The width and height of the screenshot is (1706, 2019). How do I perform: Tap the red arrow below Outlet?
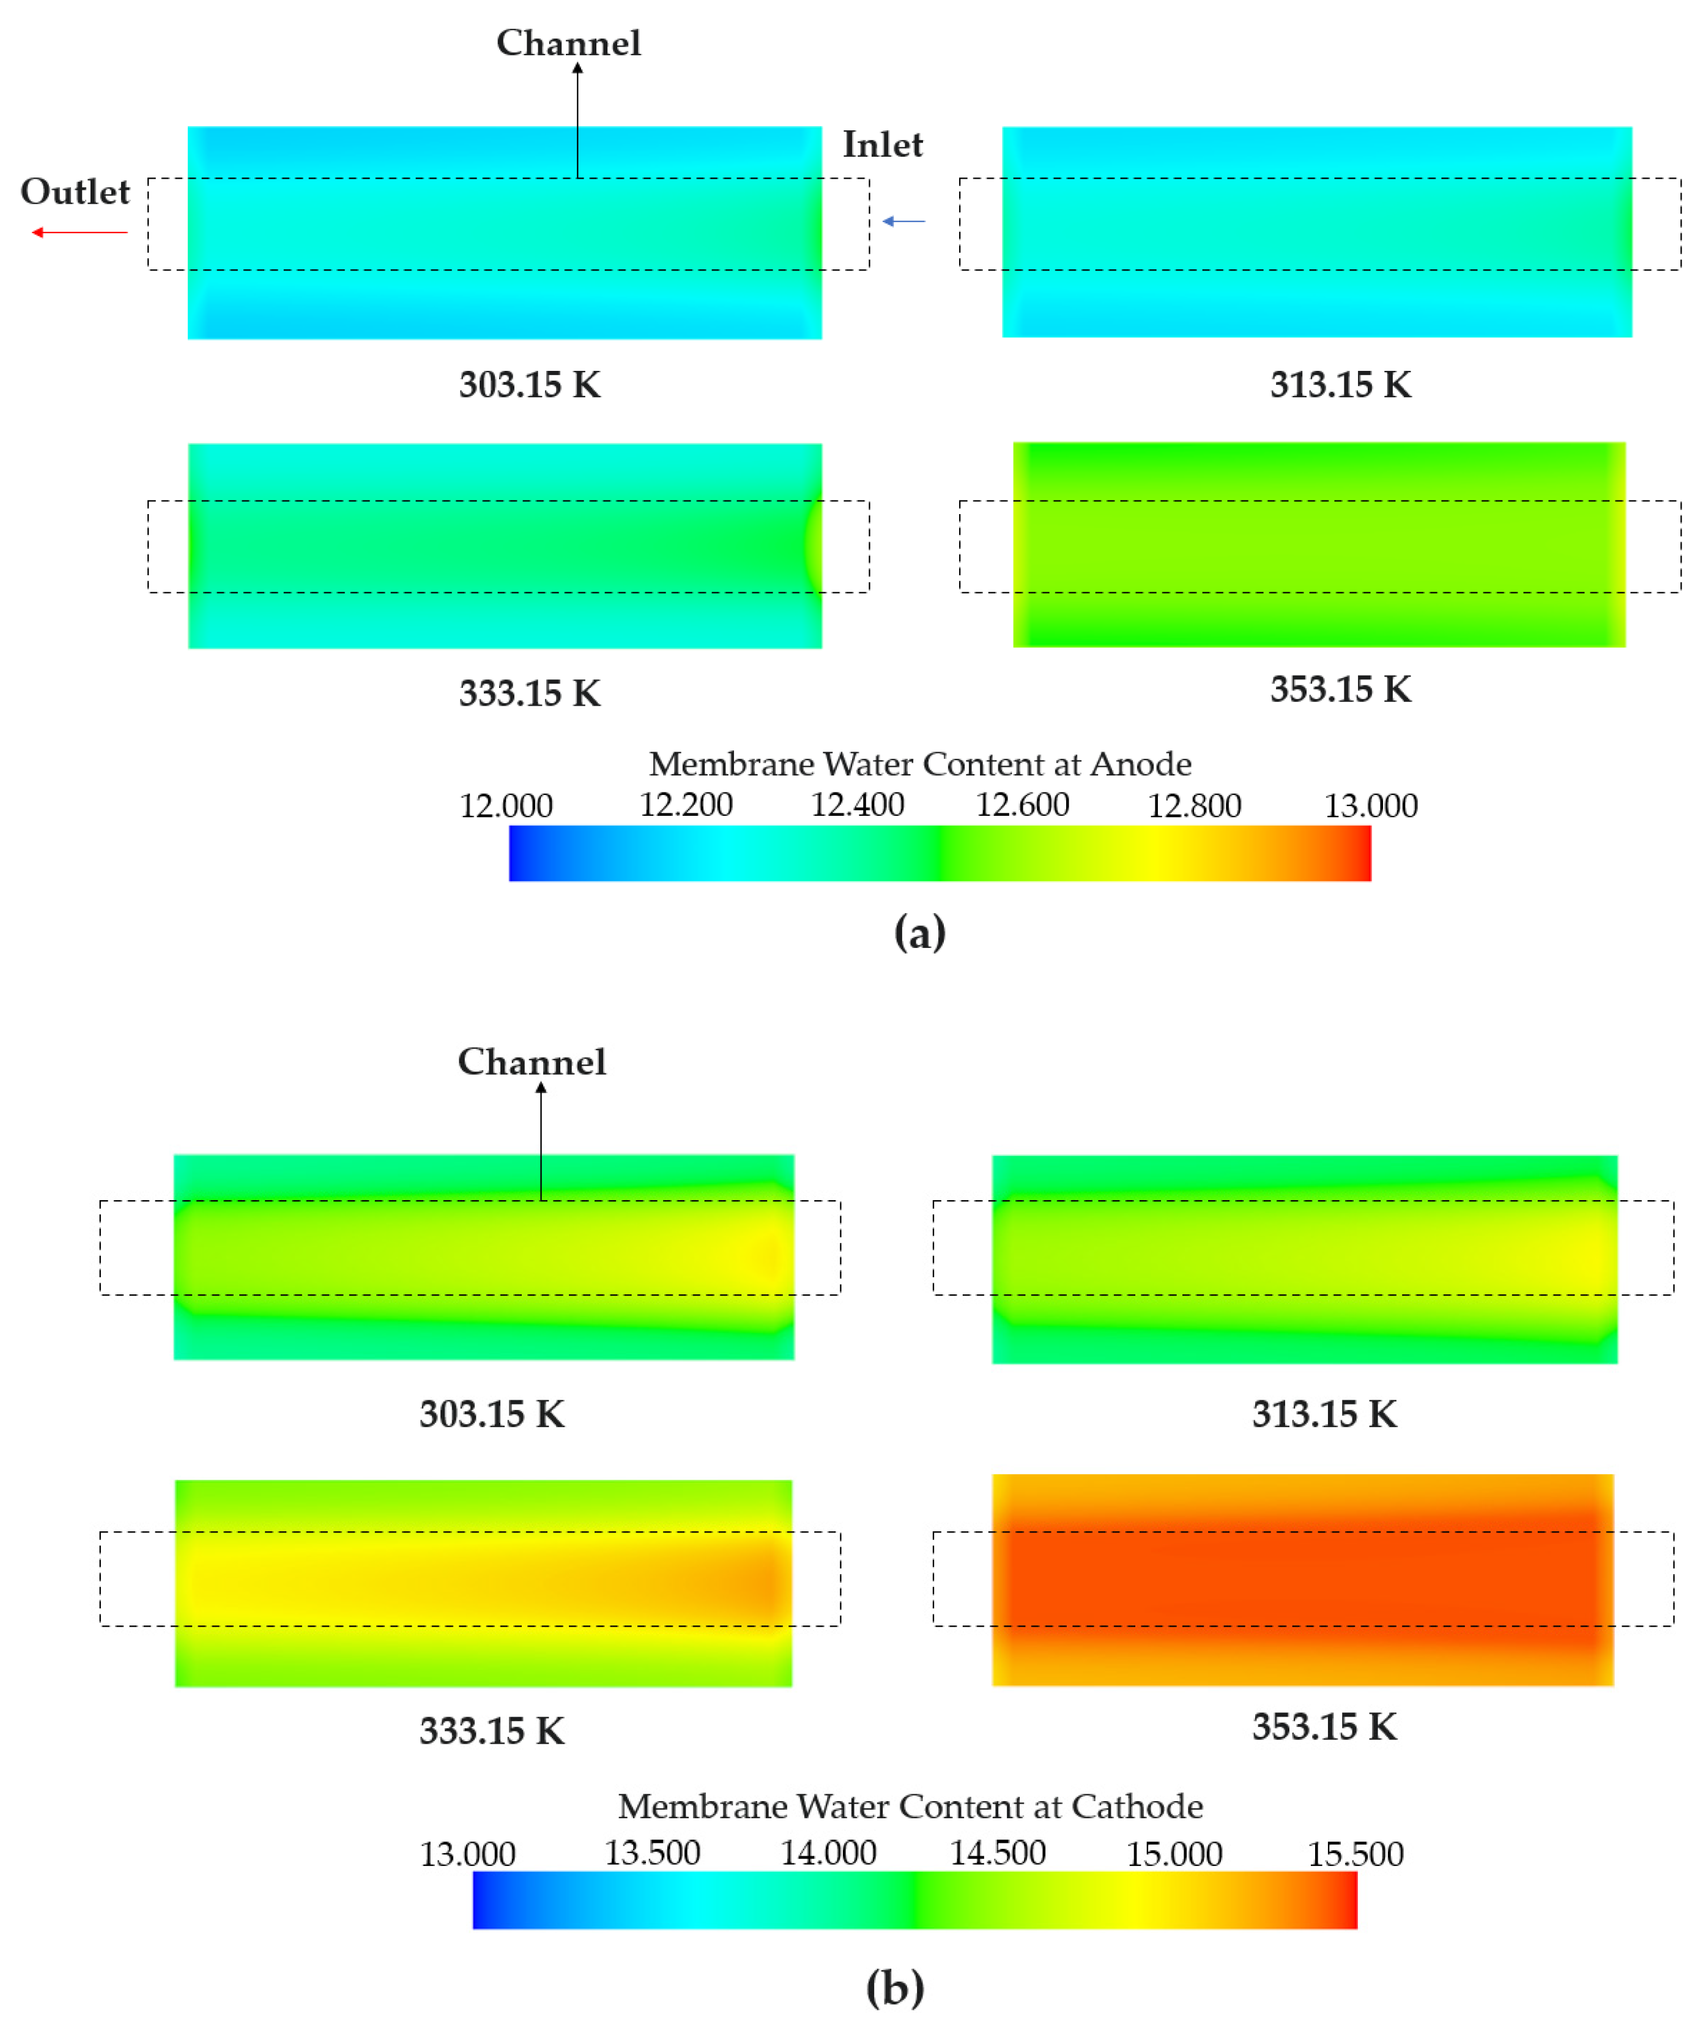point(80,232)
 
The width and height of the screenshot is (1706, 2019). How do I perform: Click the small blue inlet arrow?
point(903,222)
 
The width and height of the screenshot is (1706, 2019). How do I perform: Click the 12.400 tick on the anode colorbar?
point(857,805)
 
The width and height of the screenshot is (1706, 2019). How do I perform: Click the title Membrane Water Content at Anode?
point(920,764)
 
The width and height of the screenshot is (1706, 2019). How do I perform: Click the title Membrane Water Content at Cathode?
point(910,1806)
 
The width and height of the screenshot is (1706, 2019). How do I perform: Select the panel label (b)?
point(894,1988)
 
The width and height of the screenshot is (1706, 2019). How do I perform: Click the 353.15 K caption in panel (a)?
point(1340,690)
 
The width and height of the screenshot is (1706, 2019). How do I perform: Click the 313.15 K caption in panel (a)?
point(1340,385)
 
